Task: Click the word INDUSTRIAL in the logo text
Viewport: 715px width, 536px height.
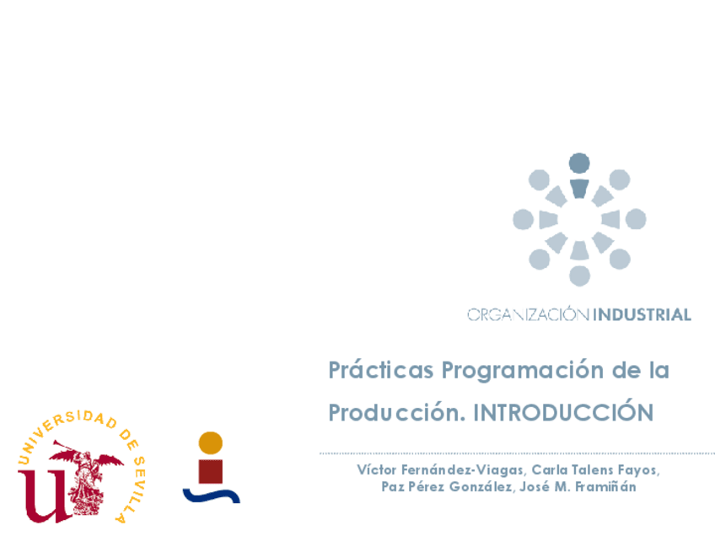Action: [x=642, y=315]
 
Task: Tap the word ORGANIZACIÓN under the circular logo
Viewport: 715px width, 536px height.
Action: [x=529, y=315]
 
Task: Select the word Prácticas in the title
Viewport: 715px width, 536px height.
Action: [x=380, y=370]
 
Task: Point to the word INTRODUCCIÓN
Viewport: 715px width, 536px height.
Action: [x=562, y=413]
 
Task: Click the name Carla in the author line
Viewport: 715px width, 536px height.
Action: [x=550, y=469]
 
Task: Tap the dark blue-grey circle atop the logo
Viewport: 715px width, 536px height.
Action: [x=579, y=163]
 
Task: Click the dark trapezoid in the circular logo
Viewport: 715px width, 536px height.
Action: [x=579, y=188]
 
